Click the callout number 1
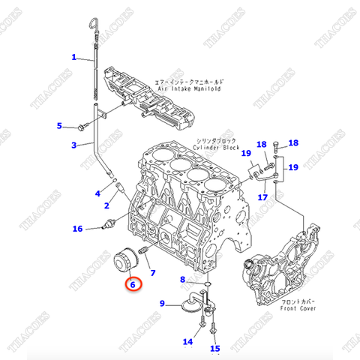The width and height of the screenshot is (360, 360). [x=74, y=57]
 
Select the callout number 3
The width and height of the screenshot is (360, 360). [x=74, y=145]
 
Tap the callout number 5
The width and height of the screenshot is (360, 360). [x=61, y=125]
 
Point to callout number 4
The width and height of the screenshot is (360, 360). [x=97, y=193]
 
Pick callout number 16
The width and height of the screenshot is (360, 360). [x=77, y=229]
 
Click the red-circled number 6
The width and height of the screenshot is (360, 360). [x=132, y=284]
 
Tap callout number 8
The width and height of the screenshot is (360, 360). [x=182, y=280]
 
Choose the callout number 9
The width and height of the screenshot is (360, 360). [x=162, y=303]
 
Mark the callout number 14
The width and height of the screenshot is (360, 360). [x=188, y=342]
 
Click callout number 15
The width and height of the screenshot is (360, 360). [x=214, y=348]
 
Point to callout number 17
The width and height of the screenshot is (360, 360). [x=262, y=197]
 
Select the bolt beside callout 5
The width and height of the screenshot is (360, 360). [x=82, y=127]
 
